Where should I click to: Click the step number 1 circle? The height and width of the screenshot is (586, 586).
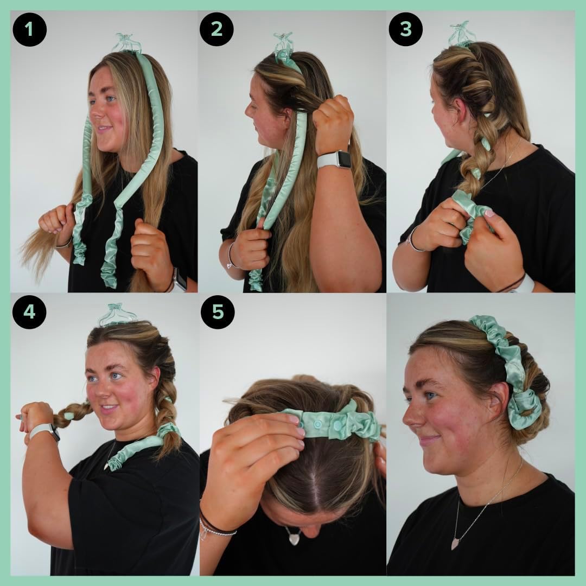click(x=29, y=29)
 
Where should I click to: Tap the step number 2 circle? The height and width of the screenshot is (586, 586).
click(x=216, y=29)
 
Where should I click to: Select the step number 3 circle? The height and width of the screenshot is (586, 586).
click(x=405, y=29)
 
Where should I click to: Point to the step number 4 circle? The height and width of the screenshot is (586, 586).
click(x=29, y=312)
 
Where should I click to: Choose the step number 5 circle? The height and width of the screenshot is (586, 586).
click(x=217, y=312)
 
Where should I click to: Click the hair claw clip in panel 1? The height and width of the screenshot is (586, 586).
click(x=126, y=43)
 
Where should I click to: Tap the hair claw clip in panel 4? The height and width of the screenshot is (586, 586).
click(x=118, y=315)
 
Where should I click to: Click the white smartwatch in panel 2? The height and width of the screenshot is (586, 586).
click(x=334, y=160)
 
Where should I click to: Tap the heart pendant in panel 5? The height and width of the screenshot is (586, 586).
click(x=294, y=537)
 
